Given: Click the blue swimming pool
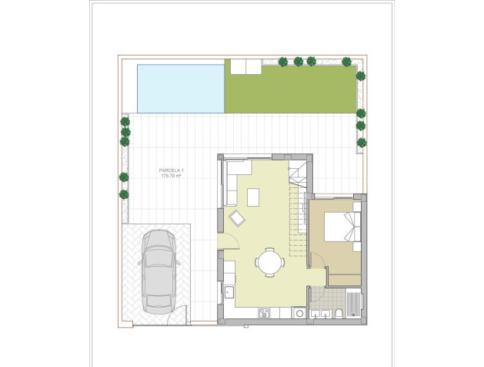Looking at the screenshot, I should tap(180, 87).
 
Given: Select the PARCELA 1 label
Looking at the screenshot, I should tap(171, 170).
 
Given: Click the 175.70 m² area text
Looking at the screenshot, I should tap(171, 177).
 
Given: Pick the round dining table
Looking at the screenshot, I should tap(269, 261).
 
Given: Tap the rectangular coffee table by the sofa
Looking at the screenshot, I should tap(254, 197).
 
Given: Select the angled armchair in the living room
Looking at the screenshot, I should tap(237, 219).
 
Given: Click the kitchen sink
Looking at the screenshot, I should tap(229, 291).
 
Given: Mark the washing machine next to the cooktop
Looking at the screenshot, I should tap(297, 311).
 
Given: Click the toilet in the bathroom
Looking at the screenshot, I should tap(339, 313).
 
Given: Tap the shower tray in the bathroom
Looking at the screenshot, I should tap(353, 302).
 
